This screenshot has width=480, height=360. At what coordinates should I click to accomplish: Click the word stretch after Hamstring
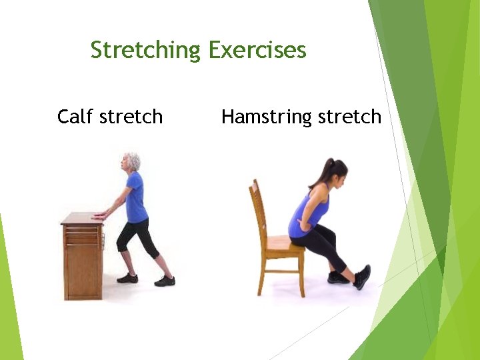click(349, 117)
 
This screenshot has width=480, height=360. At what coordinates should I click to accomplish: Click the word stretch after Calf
click(131, 117)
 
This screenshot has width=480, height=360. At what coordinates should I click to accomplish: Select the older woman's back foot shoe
click(165, 281)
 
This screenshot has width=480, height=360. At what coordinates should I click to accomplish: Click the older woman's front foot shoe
click(127, 277)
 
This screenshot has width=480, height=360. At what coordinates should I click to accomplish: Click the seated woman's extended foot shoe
click(362, 277)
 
